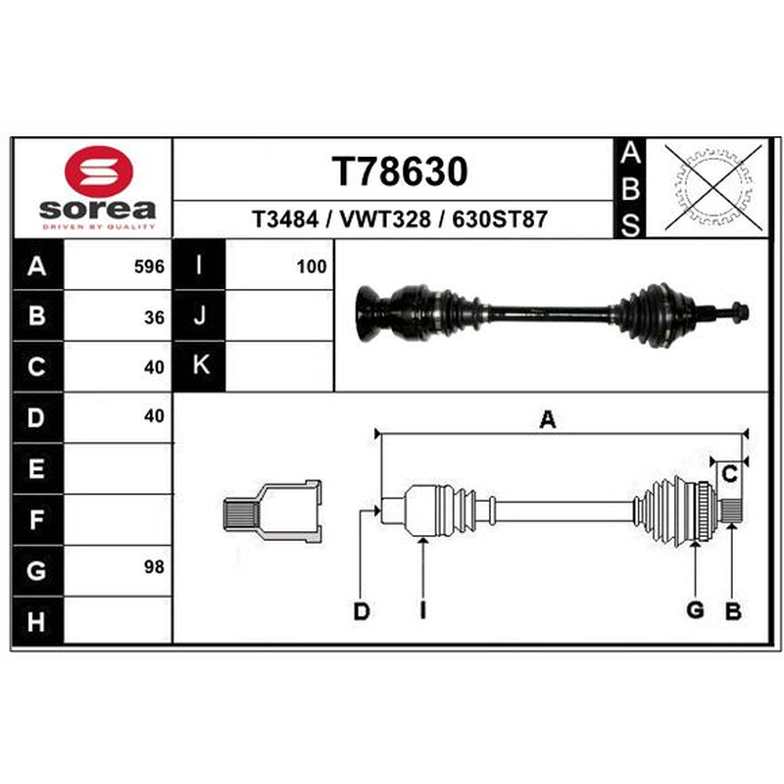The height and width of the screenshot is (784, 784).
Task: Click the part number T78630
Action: [400, 171]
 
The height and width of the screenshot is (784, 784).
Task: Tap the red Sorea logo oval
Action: [99, 171]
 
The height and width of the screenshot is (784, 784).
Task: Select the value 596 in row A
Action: [149, 267]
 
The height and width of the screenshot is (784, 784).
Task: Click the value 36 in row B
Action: [154, 318]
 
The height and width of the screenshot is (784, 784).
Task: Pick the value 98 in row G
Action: [154, 567]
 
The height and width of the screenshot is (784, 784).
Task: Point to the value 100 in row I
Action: [312, 267]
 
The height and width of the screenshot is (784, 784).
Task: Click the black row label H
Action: [37, 621]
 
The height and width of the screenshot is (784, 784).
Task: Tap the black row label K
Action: [200, 366]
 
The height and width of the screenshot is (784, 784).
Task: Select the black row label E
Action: [37, 468]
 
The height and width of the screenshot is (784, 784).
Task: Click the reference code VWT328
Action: [385, 220]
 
